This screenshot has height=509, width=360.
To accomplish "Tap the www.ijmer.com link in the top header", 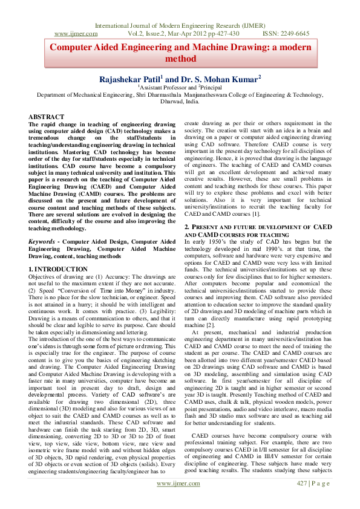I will pos(76,34).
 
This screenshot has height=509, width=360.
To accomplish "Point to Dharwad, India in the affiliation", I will pos(180,102).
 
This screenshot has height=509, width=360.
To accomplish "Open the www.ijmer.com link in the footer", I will pos(178,501).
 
